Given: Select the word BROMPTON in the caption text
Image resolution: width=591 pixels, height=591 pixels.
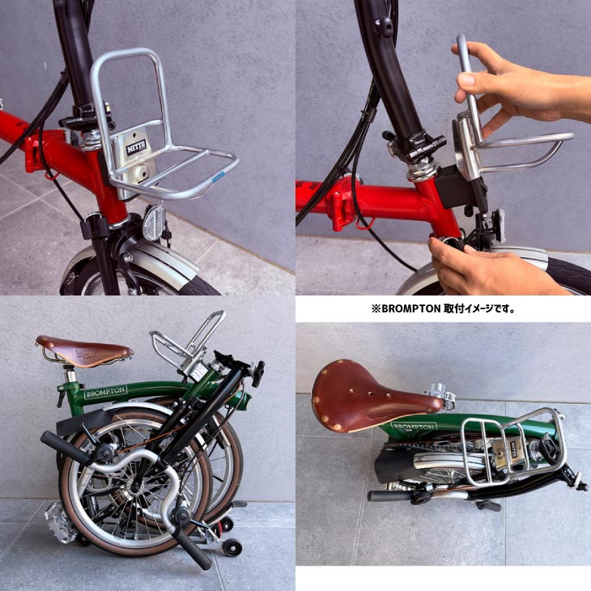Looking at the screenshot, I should pos(413,308).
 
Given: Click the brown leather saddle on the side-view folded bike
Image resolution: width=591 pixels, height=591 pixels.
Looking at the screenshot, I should pos(84,351).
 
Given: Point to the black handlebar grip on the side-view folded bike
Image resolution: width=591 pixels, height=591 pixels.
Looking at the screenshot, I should pos(64,446).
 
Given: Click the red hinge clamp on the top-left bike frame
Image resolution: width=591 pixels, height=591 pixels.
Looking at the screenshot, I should pos(35,151).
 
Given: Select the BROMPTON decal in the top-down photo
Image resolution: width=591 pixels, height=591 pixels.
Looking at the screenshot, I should pos(415,426).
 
